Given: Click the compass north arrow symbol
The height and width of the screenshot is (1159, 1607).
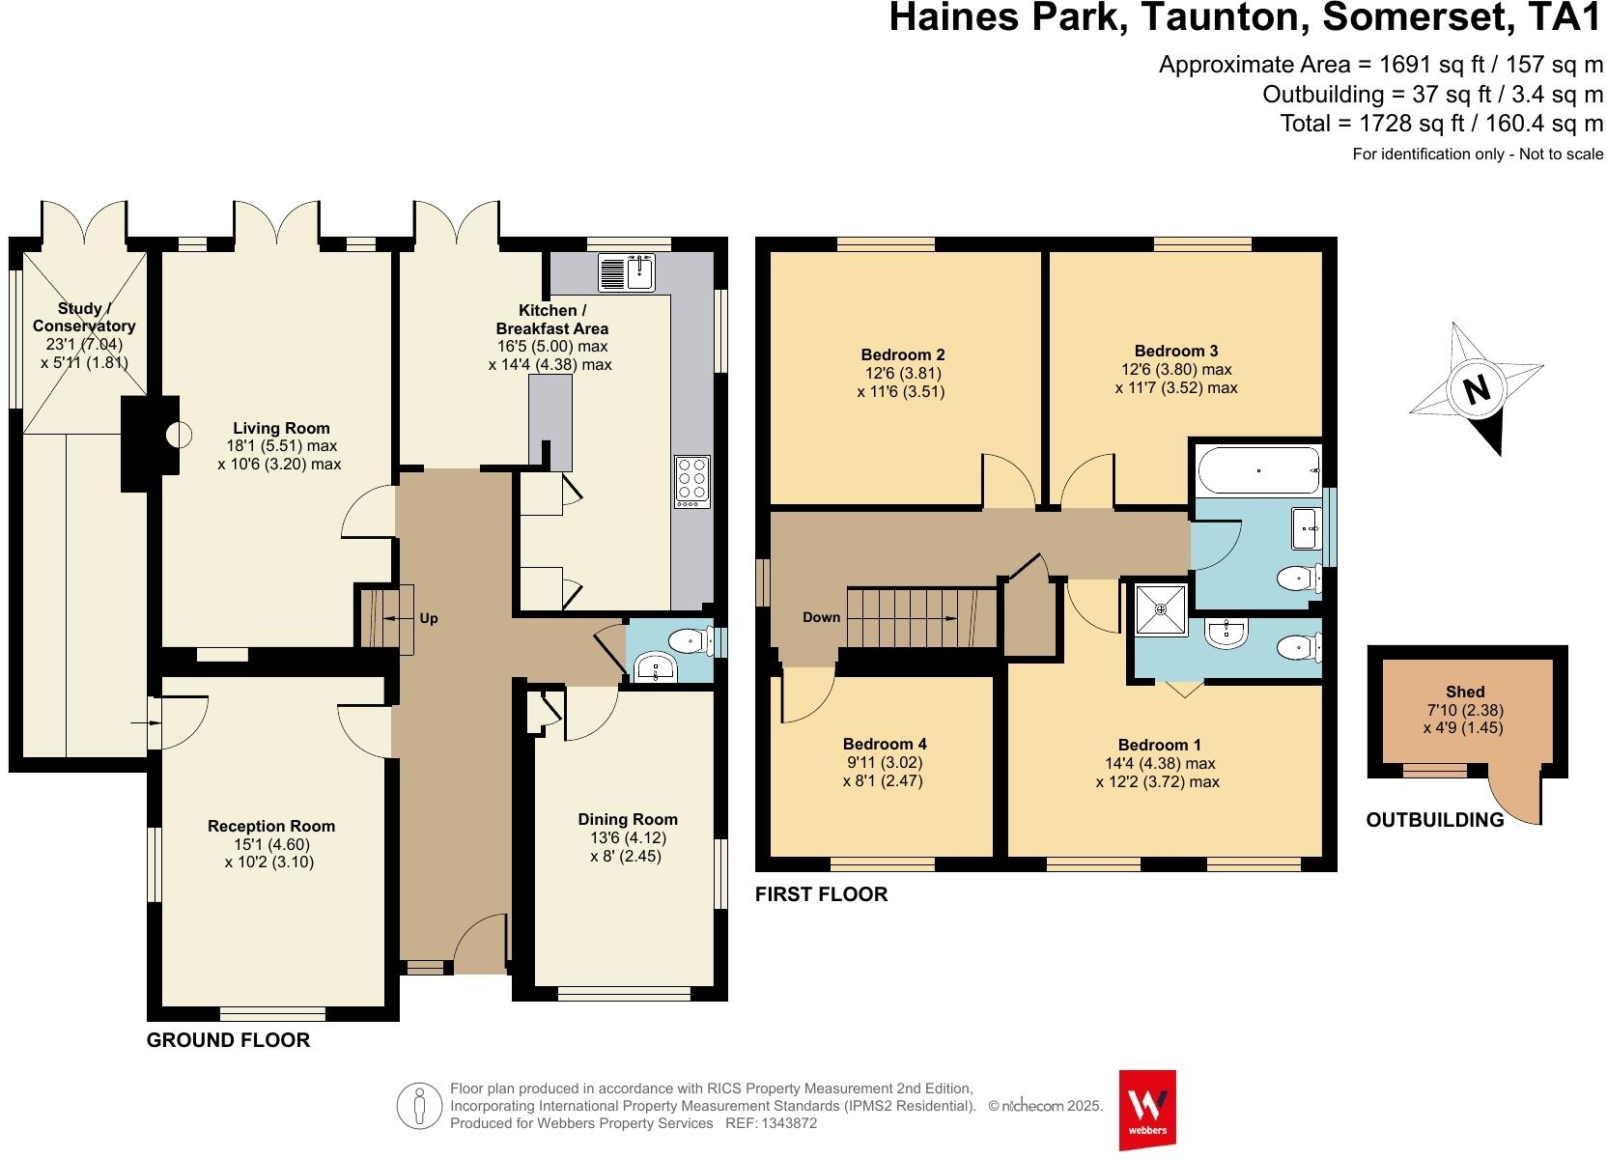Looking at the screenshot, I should click(1476, 389).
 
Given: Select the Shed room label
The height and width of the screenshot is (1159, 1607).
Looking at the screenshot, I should click(1465, 692).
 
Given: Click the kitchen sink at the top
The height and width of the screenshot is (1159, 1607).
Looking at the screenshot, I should click(627, 271).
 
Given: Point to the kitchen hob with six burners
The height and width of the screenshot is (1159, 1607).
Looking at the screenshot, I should click(691, 481).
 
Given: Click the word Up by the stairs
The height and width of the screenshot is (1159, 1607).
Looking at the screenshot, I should click(429, 618).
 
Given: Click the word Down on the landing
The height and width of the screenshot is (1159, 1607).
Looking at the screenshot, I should click(821, 617).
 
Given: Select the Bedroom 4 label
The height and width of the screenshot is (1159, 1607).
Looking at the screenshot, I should click(885, 744).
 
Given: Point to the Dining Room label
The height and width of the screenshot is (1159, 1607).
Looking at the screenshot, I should click(628, 819).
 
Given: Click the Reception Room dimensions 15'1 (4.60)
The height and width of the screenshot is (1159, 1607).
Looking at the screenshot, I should click(271, 844).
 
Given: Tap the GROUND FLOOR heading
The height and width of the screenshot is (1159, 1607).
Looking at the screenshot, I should click(228, 1040).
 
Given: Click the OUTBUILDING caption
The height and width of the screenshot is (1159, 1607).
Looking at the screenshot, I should click(1434, 820).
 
